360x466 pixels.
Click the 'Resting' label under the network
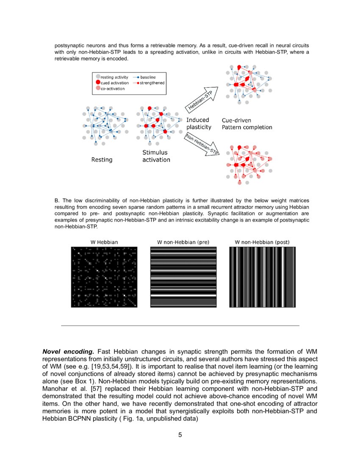(102, 160)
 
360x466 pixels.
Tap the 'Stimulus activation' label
(156, 156)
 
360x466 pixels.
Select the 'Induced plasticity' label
(199, 124)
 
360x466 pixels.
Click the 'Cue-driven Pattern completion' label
(247, 124)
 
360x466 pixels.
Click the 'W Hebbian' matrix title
(104, 242)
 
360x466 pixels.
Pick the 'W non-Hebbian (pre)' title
(183, 242)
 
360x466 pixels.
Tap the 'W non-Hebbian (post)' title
(262, 242)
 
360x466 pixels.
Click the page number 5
(180, 435)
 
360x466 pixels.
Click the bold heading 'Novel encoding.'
(68, 352)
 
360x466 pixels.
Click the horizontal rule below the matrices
(180, 325)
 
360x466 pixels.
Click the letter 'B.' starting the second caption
(57, 200)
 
